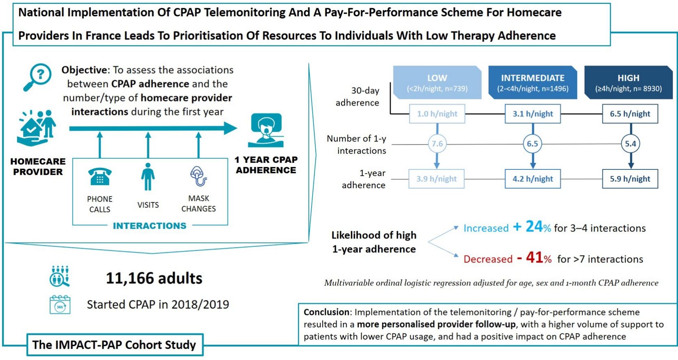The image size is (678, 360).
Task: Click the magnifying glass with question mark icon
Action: pyautogui.click(x=38, y=76)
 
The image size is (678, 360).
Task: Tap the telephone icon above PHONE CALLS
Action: pyautogui.click(x=100, y=177)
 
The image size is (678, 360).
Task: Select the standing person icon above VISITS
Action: pyautogui.click(x=148, y=177)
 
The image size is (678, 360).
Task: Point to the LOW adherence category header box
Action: pyautogui.click(x=437, y=82)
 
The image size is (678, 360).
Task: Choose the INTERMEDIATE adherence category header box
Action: pyautogui.click(x=532, y=82)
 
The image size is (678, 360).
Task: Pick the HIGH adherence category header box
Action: pyautogui.click(x=628, y=82)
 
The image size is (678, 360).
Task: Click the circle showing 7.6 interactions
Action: pyautogui.click(x=437, y=144)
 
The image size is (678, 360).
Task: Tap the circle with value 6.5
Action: pyautogui.click(x=532, y=144)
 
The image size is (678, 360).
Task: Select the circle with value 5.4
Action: pyautogui.click(x=630, y=144)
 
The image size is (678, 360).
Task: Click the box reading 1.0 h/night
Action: pyautogui.click(x=437, y=114)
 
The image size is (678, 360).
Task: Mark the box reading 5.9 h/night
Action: pyautogui.click(x=630, y=179)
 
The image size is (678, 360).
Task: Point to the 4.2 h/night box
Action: pyautogui.click(x=532, y=179)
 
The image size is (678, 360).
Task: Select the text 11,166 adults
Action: pyautogui.click(x=154, y=278)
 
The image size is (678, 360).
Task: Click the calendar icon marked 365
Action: pyautogui.click(x=60, y=305)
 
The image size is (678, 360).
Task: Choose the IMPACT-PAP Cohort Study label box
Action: pyautogui.click(x=114, y=345)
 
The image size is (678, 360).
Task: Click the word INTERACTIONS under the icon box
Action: pyautogui.click(x=150, y=226)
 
